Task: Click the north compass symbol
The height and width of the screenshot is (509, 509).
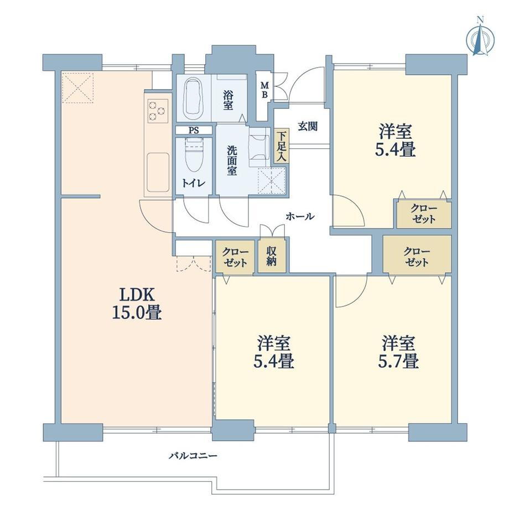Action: coord(480,38)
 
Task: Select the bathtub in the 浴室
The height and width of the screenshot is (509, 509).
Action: coord(193,98)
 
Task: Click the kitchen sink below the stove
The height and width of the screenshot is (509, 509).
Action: coord(158,173)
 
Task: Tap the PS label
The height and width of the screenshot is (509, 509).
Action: coord(194,131)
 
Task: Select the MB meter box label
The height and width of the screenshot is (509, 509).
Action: coord(265,90)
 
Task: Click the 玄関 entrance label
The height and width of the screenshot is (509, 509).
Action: coord(308,126)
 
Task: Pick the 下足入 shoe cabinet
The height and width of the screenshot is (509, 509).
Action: coord(281,146)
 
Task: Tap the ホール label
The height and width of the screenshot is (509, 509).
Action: coord(300,216)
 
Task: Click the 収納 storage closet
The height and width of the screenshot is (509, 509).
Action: coord(272,256)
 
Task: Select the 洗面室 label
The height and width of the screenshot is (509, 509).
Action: coord(231,160)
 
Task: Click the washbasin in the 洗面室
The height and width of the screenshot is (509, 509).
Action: coord(259,147)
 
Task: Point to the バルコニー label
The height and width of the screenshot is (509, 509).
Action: coord(193,456)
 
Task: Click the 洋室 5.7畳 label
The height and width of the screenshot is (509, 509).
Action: coord(398,352)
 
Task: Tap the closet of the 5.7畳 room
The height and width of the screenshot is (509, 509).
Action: coord(417,254)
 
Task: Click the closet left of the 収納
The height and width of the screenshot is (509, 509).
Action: coord(235,256)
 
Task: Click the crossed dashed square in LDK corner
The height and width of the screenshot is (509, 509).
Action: coord(77,87)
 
